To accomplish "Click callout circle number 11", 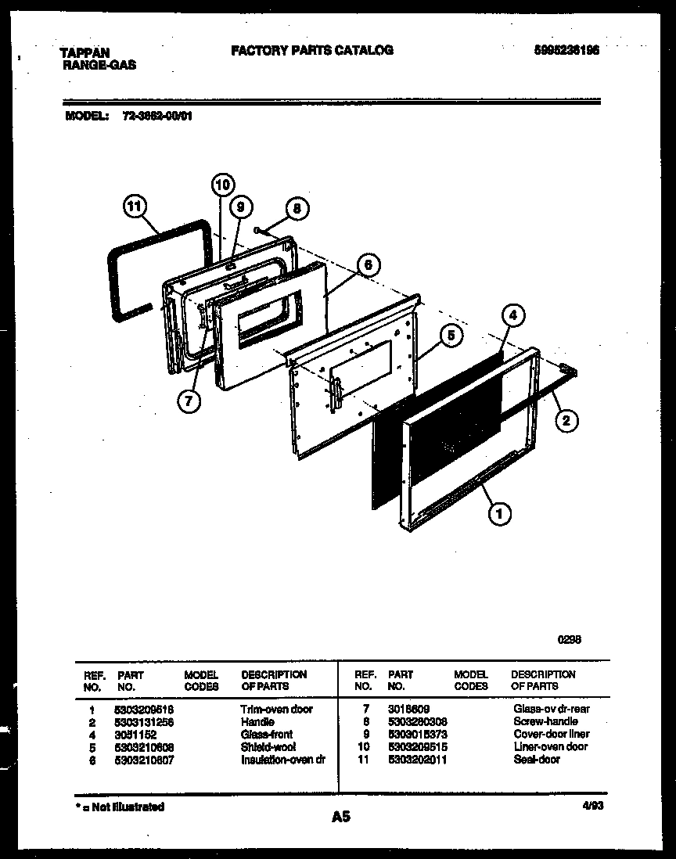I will click(x=135, y=207).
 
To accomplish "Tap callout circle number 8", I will click(x=297, y=209).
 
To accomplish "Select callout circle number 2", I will click(x=567, y=421).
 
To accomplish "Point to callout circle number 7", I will click(x=188, y=401).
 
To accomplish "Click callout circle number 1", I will click(x=499, y=513).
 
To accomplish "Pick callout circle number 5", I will click(x=451, y=336).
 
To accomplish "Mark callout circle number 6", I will click(x=367, y=265).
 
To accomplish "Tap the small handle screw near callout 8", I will click(x=257, y=229).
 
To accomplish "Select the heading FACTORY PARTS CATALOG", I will click(x=312, y=50).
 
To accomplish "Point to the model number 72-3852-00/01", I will click(x=157, y=116).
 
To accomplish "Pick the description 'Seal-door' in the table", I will click(x=537, y=759).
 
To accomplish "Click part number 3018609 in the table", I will click(x=409, y=709).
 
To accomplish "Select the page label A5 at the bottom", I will click(x=340, y=817).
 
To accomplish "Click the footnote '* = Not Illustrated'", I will click(x=120, y=807).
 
